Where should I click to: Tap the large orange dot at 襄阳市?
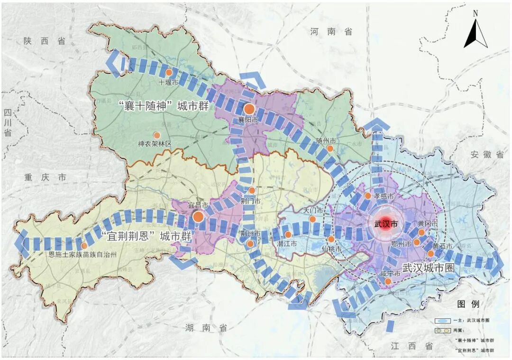(249, 109)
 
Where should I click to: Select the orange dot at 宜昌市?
(198, 217)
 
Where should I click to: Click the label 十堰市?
(168, 82)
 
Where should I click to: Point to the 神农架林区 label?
(154, 144)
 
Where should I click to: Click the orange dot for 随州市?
(330, 148)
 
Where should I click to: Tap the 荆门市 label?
(251, 201)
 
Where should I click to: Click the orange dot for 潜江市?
(288, 234)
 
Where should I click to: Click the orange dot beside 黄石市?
(430, 254)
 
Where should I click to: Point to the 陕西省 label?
(44, 41)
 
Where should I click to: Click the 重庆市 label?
(46, 177)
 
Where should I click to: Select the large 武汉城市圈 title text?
(428, 268)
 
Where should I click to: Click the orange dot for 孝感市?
(368, 195)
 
